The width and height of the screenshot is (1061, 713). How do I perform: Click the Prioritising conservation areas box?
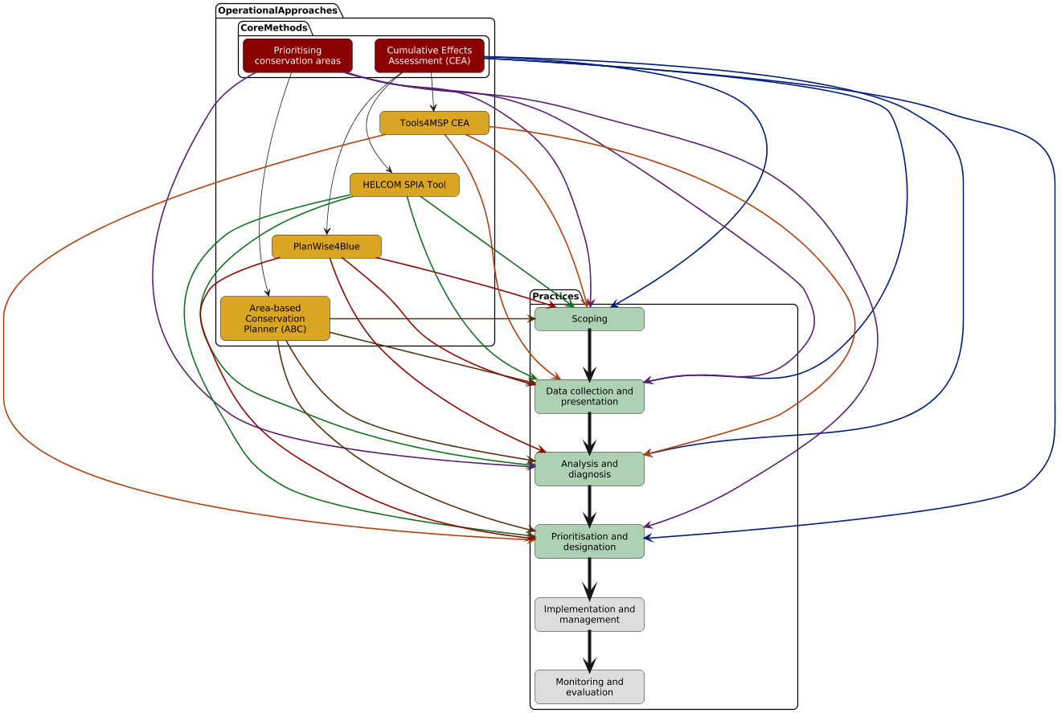pyautogui.click(x=297, y=55)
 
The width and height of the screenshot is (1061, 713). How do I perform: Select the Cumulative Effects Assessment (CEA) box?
pyautogui.click(x=429, y=55)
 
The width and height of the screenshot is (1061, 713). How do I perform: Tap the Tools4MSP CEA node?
pyautogui.click(x=434, y=123)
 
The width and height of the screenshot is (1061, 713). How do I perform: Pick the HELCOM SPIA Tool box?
pyautogui.click(x=404, y=185)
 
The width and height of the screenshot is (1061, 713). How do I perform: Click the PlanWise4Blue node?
pyautogui.click(x=326, y=246)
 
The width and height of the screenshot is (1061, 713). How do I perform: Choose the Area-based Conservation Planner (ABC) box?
pyautogui.click(x=275, y=318)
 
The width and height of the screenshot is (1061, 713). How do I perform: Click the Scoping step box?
pyautogui.click(x=589, y=319)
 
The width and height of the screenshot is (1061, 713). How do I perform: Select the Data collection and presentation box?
pyautogui.click(x=589, y=396)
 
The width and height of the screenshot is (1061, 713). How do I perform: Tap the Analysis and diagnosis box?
pyautogui.click(x=589, y=469)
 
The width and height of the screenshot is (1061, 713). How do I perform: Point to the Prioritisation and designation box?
pyautogui.click(x=589, y=541)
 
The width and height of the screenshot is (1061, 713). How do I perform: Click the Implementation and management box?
pyautogui.click(x=589, y=614)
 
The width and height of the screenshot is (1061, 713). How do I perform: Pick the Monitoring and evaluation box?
pyautogui.click(x=589, y=686)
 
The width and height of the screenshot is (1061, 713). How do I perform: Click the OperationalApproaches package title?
pyautogui.click(x=277, y=10)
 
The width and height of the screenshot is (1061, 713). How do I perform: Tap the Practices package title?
pyautogui.click(x=555, y=297)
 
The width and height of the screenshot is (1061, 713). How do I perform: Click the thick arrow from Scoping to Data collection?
pyautogui.click(x=589, y=354)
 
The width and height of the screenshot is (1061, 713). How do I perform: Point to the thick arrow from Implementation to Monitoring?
pyautogui.click(x=589, y=650)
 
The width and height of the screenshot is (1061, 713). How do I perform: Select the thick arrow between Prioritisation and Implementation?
pyautogui.click(x=589, y=578)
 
